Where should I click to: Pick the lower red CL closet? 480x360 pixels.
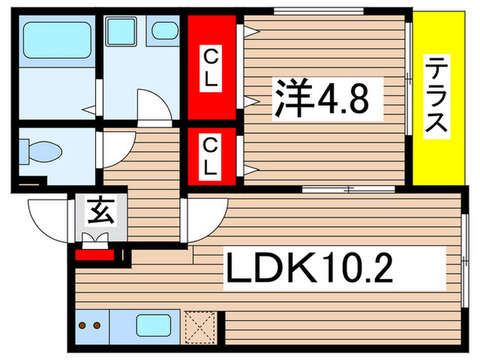pos(211,156)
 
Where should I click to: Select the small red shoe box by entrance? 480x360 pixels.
pos(95,257)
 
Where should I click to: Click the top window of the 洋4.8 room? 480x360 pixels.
pos(318,10)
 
